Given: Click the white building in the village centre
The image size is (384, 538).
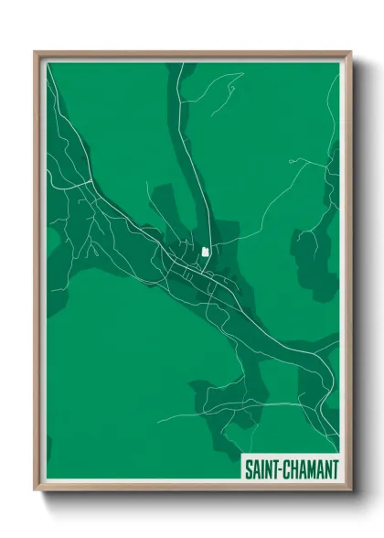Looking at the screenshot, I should point(206,250).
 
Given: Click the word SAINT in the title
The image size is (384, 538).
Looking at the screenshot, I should point(261,469).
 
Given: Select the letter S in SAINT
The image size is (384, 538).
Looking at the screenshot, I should point(248,469).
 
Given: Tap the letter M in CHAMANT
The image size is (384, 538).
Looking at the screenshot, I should point(312,469).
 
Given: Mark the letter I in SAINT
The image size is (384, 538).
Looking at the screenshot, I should point(261,469).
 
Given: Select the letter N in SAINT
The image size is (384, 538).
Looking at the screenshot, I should point(268,469).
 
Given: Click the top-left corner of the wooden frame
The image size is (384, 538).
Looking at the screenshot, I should point(36,52).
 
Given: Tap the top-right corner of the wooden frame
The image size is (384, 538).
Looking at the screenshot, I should point(350,52).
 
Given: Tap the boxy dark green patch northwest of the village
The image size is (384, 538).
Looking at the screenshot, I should point(165,206).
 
